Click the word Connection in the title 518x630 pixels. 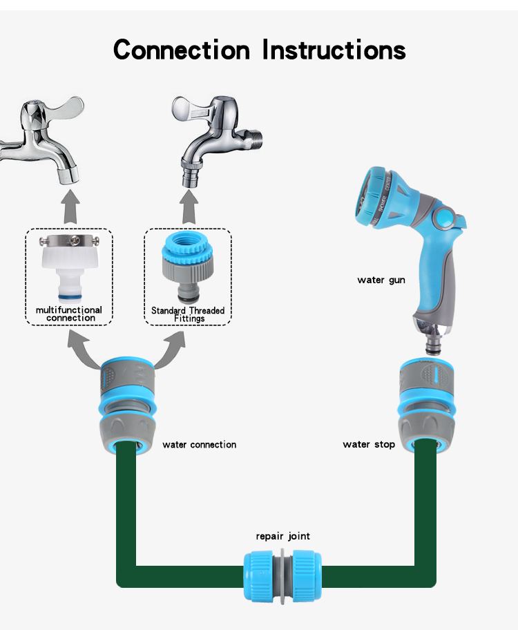pyautogui.click(x=181, y=50)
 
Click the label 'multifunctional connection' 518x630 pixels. pyautogui.click(x=68, y=314)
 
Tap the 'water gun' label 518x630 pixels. pyautogui.click(x=381, y=280)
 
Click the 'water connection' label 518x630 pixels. pyautogui.click(x=199, y=445)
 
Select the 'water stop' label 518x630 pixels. pyautogui.click(x=369, y=444)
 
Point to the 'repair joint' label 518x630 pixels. pyautogui.click(x=282, y=536)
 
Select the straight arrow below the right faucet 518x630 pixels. pyautogui.click(x=188, y=208)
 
